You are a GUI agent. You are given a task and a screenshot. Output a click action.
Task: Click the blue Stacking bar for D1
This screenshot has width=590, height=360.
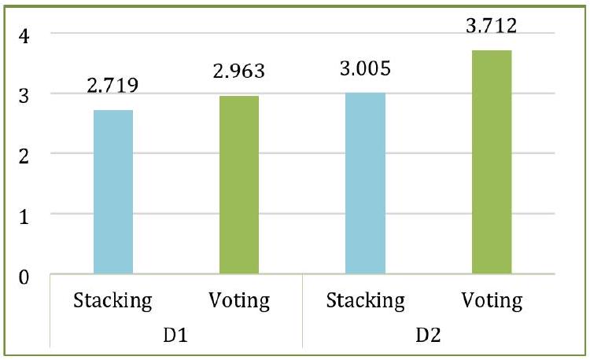click(x=112, y=192)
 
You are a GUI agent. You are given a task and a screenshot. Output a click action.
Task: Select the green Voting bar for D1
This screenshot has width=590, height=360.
click(x=238, y=185)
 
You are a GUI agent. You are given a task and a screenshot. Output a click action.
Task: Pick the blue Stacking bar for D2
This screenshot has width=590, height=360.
click(x=365, y=183)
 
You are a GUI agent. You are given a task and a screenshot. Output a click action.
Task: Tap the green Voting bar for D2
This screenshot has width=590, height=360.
click(x=491, y=162)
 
